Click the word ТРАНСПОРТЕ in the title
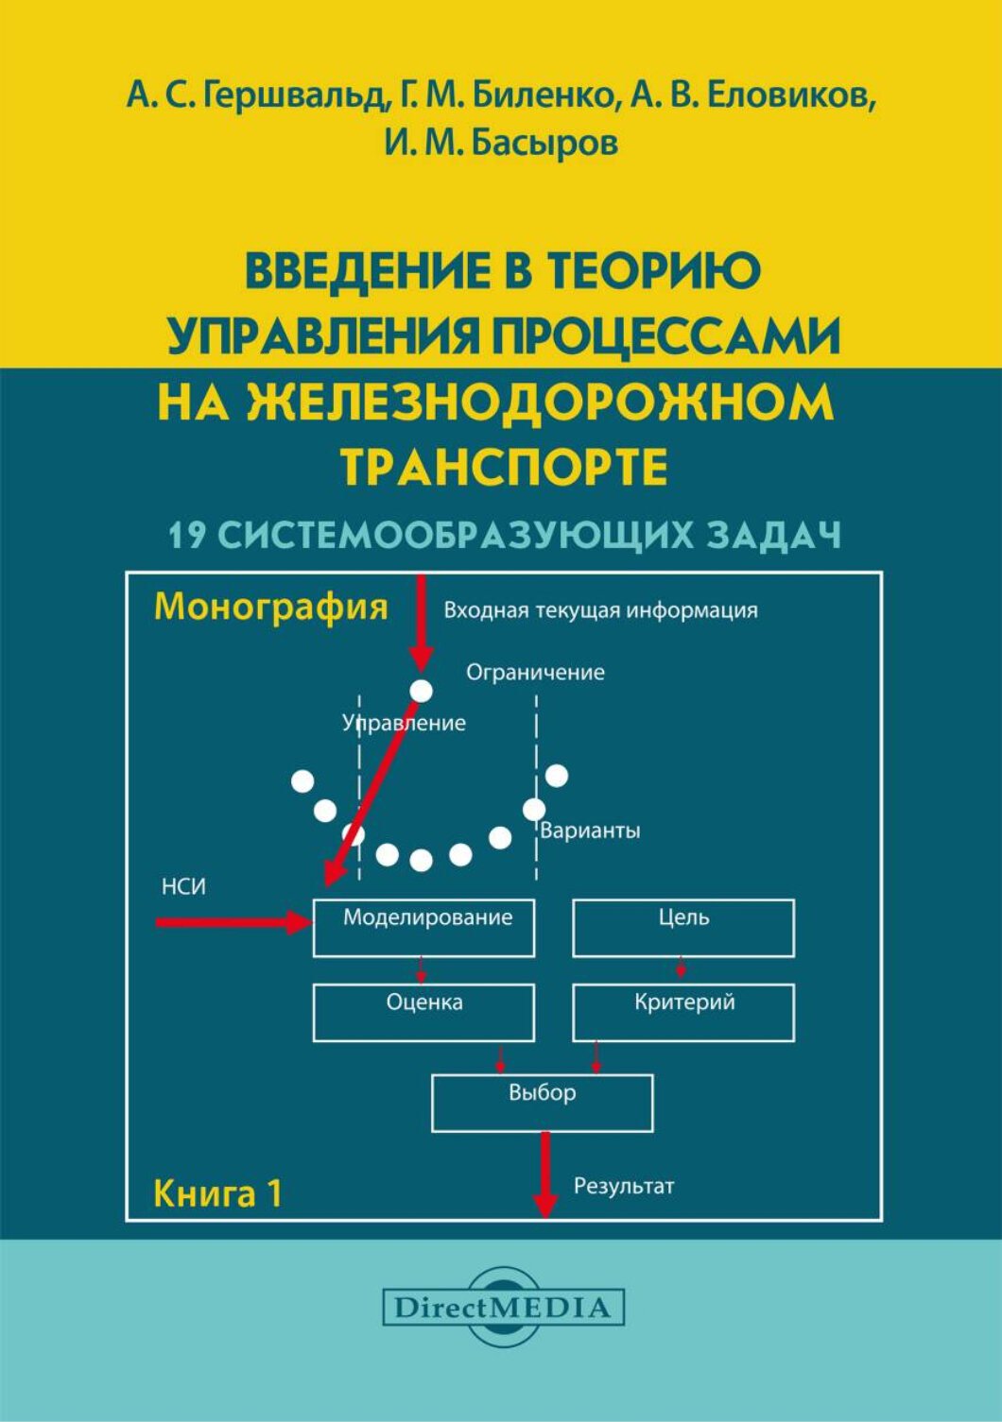(504, 465)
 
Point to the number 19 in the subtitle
(187, 536)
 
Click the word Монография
(270, 607)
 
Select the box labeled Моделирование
(423, 928)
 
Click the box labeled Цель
(683, 928)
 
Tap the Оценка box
(423, 1012)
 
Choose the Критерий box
(683, 1012)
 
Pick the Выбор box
(542, 1103)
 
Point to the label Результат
(624, 1186)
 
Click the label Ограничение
(535, 672)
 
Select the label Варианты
(590, 831)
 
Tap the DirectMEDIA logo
(503, 1308)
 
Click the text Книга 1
(217, 1193)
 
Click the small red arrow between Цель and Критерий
(681, 969)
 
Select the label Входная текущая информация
(600, 610)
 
